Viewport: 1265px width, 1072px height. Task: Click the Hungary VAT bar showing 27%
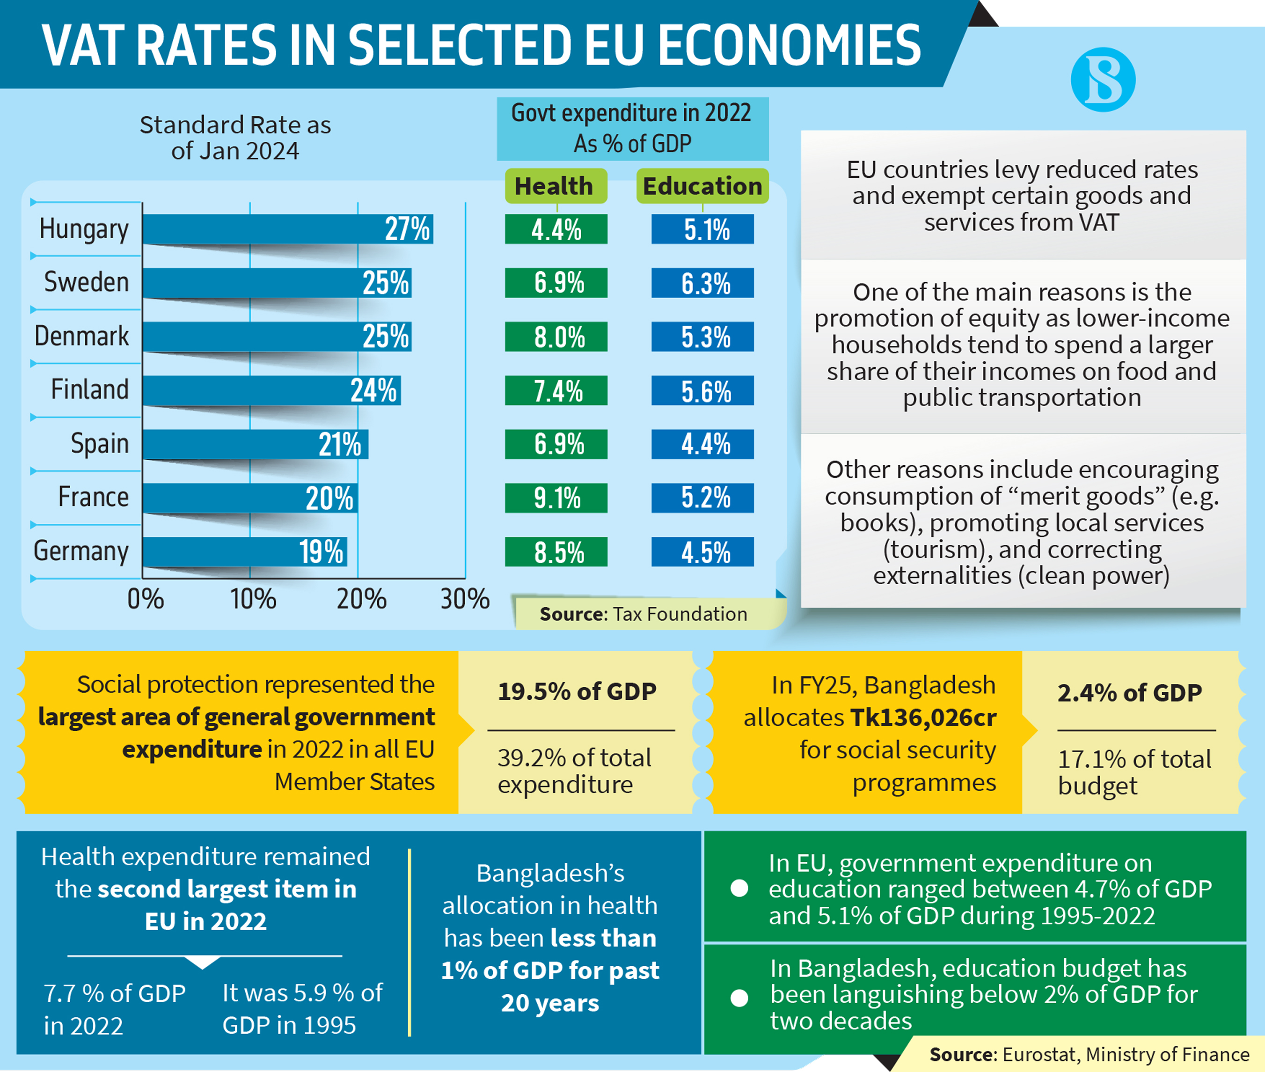(x=287, y=229)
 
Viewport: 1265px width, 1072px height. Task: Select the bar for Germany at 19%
(x=245, y=552)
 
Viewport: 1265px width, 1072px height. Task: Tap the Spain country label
(x=100, y=443)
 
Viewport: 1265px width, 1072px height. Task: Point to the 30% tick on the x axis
(x=465, y=599)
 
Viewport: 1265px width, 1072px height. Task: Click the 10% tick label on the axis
(x=253, y=599)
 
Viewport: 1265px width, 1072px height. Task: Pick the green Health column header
(x=556, y=186)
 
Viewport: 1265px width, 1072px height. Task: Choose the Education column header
(x=702, y=186)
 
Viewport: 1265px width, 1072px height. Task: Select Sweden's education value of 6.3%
(x=702, y=283)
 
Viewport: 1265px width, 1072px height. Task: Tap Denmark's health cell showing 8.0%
(x=556, y=337)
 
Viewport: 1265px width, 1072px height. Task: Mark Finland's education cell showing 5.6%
(x=702, y=391)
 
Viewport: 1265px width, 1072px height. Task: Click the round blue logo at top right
(x=1103, y=80)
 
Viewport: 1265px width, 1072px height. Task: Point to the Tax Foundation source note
(x=643, y=614)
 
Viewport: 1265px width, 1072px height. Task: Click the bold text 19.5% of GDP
(x=577, y=691)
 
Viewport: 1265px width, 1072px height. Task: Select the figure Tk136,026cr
(x=923, y=718)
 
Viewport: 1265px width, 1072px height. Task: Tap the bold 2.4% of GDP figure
(x=1129, y=693)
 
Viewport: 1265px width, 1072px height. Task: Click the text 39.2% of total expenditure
(x=574, y=771)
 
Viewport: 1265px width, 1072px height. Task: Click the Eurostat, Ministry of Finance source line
(x=1090, y=1054)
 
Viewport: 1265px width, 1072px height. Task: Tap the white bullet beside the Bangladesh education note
(x=739, y=998)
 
